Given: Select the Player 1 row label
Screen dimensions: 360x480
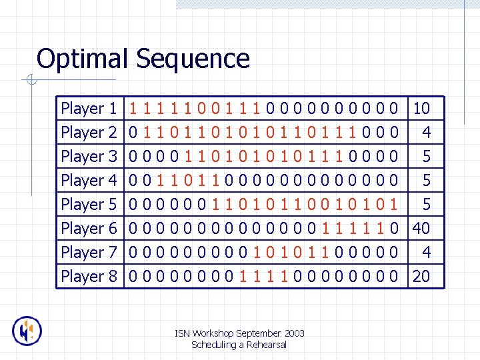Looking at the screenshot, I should point(89,108).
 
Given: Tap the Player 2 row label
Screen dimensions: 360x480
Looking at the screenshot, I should point(89,132).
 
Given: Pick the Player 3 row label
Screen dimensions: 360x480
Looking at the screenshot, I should point(89,156).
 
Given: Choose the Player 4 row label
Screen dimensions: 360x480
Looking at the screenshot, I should point(89,180).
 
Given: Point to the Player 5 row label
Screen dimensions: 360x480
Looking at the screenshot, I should point(89,204).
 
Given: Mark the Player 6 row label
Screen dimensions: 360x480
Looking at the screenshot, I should point(89,228).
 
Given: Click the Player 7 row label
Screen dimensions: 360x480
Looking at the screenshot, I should point(89,252).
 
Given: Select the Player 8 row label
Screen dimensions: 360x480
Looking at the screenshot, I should point(89,276).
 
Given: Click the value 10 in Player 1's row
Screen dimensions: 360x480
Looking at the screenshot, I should point(421,108).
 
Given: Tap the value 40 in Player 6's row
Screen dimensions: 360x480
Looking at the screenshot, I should point(421,228).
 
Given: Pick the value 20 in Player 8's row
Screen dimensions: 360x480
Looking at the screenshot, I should point(421,276).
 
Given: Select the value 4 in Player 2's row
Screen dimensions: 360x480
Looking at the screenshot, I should point(427,132).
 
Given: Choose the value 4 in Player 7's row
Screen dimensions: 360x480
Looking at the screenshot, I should point(427,252).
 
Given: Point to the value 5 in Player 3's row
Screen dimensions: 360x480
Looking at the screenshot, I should point(427,156).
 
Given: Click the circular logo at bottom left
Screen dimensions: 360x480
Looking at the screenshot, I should point(27,331).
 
